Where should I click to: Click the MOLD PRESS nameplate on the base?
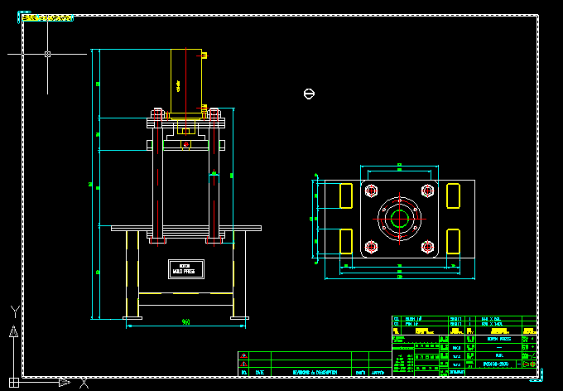click(184, 269)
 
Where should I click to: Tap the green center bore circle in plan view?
click(400, 220)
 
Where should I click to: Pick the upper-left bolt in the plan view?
click(370, 191)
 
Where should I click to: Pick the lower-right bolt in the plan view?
click(427, 246)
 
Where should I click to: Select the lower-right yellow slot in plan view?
click(453, 241)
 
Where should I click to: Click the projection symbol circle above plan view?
click(309, 94)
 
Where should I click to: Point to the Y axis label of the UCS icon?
click(14, 311)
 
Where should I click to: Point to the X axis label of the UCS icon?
click(84, 383)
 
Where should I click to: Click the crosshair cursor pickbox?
click(47, 54)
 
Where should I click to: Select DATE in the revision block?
click(260, 373)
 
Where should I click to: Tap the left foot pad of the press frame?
click(132, 317)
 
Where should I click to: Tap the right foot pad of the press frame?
click(240, 317)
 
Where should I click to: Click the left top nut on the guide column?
click(156, 113)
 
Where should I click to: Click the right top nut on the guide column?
click(214, 113)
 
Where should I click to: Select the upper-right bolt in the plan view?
click(427, 191)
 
